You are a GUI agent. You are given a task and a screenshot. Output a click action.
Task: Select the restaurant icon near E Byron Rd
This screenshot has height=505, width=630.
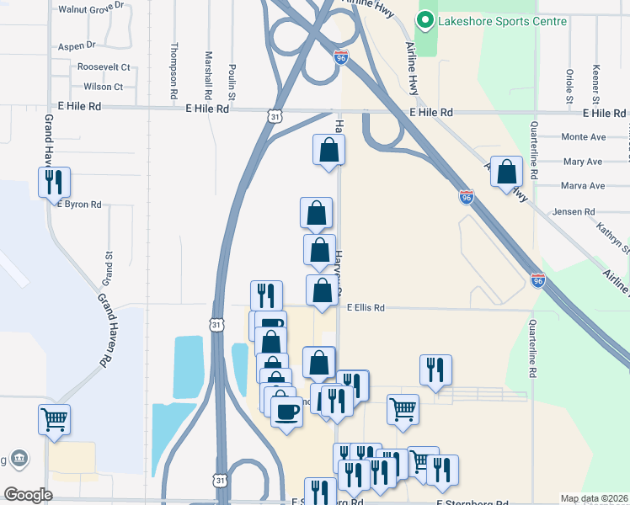pos(54,181)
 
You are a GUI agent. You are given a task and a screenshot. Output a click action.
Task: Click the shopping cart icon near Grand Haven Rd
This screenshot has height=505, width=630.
pos(54,418)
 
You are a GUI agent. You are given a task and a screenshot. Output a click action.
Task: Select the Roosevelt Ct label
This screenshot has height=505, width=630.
pos(103,66)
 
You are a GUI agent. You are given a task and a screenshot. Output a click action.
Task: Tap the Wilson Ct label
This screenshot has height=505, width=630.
pos(103,87)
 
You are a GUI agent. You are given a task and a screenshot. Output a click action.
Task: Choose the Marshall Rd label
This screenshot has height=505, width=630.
pos(208,71)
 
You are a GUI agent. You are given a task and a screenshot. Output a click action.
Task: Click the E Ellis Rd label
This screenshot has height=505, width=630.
pos(366,308)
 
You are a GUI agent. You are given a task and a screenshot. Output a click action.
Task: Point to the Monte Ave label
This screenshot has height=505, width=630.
pos(584,136)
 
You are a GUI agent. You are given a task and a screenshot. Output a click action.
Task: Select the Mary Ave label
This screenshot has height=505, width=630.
pos(583,161)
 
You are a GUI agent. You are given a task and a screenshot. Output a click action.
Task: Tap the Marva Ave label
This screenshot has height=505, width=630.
pos(583,186)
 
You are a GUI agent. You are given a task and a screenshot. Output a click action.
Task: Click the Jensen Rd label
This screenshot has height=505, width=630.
pos(574,212)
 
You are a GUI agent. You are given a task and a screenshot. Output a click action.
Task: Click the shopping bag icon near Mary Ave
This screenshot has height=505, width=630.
pos(507,172)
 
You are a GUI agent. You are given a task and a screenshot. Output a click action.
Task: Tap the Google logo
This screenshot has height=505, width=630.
pos(28,495)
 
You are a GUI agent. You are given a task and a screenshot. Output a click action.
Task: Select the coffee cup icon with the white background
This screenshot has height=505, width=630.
pos(286,412)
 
